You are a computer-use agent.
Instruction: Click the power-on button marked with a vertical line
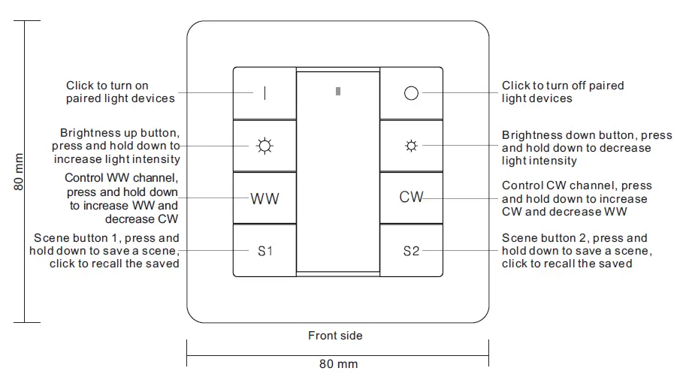click(x=264, y=93)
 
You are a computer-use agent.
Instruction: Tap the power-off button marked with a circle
click(x=410, y=93)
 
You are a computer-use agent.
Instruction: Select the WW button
click(x=264, y=198)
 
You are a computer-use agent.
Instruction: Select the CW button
click(x=410, y=198)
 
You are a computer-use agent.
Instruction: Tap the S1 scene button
click(x=264, y=251)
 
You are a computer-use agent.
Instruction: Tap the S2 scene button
click(x=410, y=251)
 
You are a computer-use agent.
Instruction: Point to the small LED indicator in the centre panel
click(x=337, y=92)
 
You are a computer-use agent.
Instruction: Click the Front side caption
click(x=335, y=336)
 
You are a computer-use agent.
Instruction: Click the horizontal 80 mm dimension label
click(x=338, y=364)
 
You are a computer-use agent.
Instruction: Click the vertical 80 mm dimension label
click(x=19, y=172)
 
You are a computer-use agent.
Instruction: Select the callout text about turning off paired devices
click(x=563, y=92)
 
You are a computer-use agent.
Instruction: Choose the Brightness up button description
click(x=116, y=146)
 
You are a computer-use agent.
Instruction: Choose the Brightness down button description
click(x=587, y=148)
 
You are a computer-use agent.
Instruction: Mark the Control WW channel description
click(x=121, y=198)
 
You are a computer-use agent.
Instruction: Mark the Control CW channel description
click(x=576, y=198)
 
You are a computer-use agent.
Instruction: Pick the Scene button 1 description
click(x=104, y=251)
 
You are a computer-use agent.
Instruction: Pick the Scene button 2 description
click(x=576, y=251)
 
